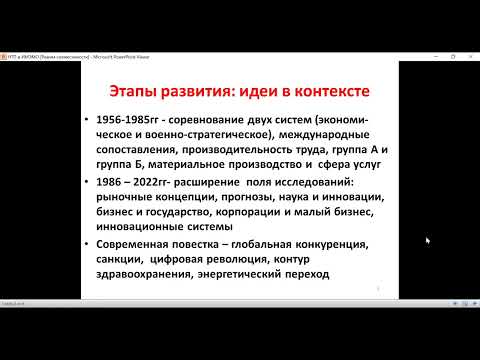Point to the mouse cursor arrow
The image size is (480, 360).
(x=428, y=240)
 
